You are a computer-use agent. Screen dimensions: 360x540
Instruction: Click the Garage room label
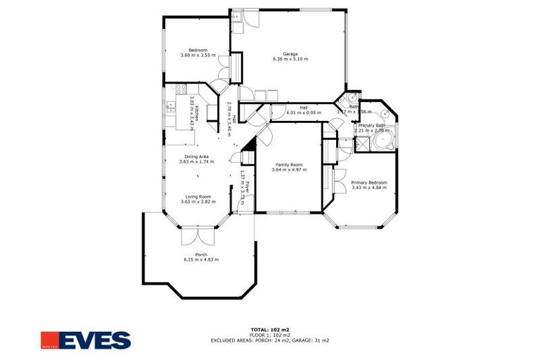290,53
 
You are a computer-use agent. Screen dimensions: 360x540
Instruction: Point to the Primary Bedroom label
369,182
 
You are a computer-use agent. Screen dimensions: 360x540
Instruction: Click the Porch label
201,254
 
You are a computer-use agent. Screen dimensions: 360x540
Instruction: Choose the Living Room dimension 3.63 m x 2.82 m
198,202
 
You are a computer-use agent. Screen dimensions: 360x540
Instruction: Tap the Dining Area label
197,156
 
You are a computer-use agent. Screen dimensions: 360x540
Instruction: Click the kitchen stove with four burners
178,89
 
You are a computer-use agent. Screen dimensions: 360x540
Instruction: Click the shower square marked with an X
363,145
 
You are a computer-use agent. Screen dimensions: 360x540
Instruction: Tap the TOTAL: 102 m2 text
270,329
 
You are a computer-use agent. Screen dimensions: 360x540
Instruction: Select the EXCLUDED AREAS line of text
270,340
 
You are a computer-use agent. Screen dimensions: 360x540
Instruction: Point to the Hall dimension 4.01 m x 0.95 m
304,112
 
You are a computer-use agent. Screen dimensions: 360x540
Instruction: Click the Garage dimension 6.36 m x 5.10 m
290,59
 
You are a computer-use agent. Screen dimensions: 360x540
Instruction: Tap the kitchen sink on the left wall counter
171,107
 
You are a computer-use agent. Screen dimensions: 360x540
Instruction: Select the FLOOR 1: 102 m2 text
270,335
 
